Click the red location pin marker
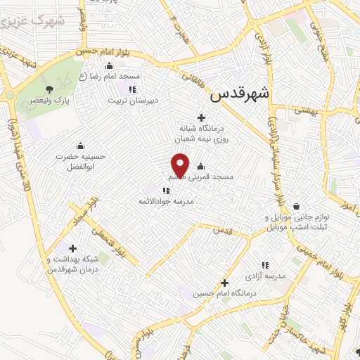click(x=180, y=165)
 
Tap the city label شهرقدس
click(x=240, y=93)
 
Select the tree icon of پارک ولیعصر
click(x=49, y=89)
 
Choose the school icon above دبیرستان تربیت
click(x=131, y=89)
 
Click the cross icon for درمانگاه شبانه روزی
click(x=202, y=117)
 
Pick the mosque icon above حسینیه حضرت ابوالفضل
click(x=79, y=146)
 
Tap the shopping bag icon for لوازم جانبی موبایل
click(x=296, y=207)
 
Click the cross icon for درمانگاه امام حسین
click(x=224, y=283)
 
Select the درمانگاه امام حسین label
click(x=224, y=294)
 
